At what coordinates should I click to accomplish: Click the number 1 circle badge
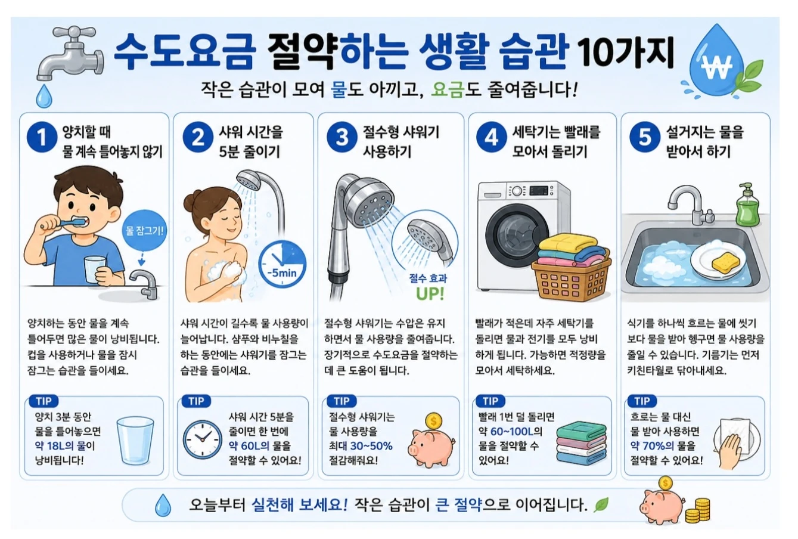point(42,137)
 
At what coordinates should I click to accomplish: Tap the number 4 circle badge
point(492,137)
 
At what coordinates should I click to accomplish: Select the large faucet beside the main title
point(70,54)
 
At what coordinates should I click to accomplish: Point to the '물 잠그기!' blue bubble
point(144,230)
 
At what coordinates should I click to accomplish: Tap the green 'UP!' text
point(430,294)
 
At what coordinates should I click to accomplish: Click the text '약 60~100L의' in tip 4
point(511,432)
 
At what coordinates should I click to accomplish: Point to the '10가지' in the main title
point(626,54)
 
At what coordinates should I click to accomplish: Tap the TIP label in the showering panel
point(196,401)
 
